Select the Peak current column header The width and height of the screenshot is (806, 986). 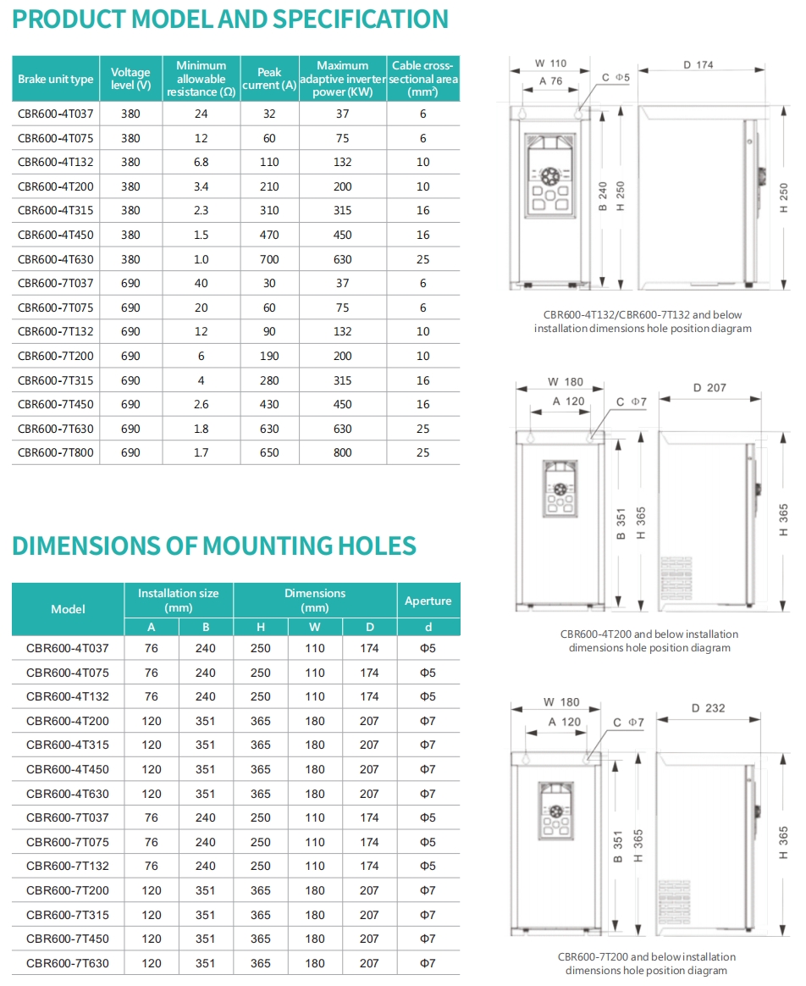click(269, 79)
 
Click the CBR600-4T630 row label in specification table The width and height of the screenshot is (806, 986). click(56, 259)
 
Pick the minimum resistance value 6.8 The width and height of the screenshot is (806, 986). click(201, 162)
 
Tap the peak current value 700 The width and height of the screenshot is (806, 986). click(269, 259)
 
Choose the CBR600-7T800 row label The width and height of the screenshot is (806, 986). click(56, 453)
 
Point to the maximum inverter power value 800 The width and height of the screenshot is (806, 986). click(343, 453)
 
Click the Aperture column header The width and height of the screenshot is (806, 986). click(428, 601)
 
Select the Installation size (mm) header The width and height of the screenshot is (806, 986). click(179, 600)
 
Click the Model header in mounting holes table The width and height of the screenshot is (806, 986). click(68, 609)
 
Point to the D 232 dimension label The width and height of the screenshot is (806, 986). click(709, 708)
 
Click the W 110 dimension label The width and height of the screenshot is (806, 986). click(551, 64)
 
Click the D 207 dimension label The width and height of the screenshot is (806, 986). click(709, 388)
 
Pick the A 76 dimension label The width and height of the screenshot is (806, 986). click(550, 81)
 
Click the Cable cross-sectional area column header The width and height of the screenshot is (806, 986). click(422, 78)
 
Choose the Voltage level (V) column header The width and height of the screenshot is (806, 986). click(130, 79)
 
